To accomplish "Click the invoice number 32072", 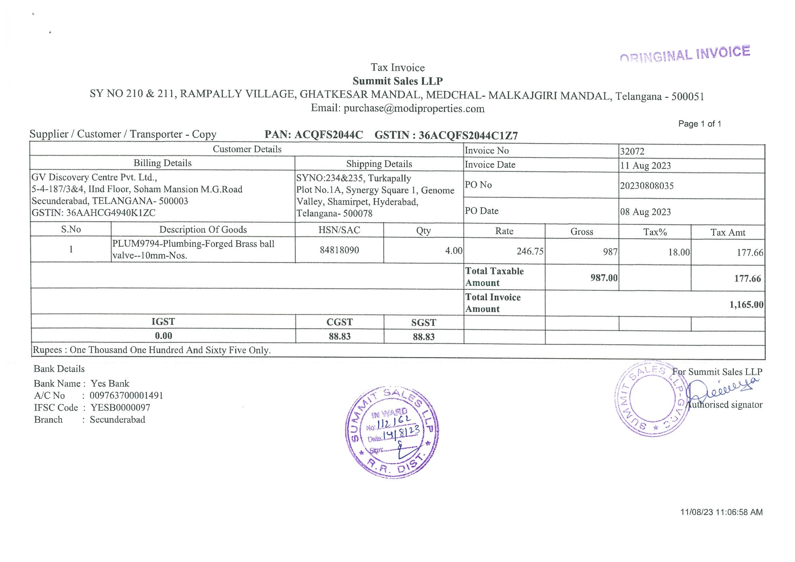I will tap(632, 151).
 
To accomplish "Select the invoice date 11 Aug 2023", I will tap(646, 165).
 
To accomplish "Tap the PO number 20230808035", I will tap(647, 186).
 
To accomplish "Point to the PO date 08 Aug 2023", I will tap(646, 212).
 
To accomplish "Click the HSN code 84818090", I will tap(339, 250).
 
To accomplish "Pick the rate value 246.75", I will tap(530, 251).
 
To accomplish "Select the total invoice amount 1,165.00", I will tap(746, 304).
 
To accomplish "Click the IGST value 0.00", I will tap(163, 336).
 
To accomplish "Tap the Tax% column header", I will tap(655, 232).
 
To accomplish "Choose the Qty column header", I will tap(423, 231).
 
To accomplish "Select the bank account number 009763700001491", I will tap(126, 396).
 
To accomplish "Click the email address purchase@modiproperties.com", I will tap(414, 109).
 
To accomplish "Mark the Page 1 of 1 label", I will tap(700, 124).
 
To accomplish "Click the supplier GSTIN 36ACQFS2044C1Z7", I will tap(468, 135).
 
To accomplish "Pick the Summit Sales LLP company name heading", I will tap(397, 81).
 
